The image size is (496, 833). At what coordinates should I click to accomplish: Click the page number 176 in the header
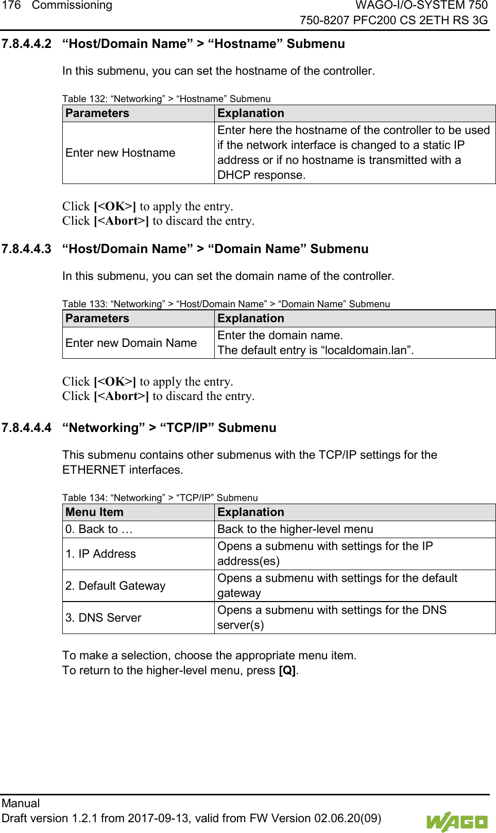[x=11, y=6]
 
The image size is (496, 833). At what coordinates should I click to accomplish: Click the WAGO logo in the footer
[x=456, y=821]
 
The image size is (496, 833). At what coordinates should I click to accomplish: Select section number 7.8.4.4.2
[x=26, y=44]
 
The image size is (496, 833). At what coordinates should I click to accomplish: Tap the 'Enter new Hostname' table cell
[x=121, y=153]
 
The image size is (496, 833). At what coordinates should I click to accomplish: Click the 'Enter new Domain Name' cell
[x=131, y=343]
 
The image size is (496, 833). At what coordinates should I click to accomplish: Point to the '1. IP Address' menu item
[x=100, y=554]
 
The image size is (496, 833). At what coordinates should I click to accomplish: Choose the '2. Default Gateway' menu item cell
[x=115, y=586]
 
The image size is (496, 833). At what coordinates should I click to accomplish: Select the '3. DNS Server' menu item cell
[x=103, y=618]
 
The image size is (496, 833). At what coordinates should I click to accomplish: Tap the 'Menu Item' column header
[x=94, y=512]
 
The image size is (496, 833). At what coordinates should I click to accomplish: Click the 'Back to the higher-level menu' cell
[x=295, y=529]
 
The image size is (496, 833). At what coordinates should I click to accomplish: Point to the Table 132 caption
[x=166, y=98]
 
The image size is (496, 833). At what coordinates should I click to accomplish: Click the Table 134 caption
[x=160, y=497]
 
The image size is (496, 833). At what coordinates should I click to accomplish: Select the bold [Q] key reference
[x=287, y=671]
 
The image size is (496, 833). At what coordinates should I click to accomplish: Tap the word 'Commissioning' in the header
[x=72, y=6]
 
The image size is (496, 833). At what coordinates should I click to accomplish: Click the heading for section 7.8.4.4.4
[x=169, y=428]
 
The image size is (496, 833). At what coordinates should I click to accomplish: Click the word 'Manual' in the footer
[x=21, y=803]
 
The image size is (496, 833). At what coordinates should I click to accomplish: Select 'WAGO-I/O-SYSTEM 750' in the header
[x=421, y=6]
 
